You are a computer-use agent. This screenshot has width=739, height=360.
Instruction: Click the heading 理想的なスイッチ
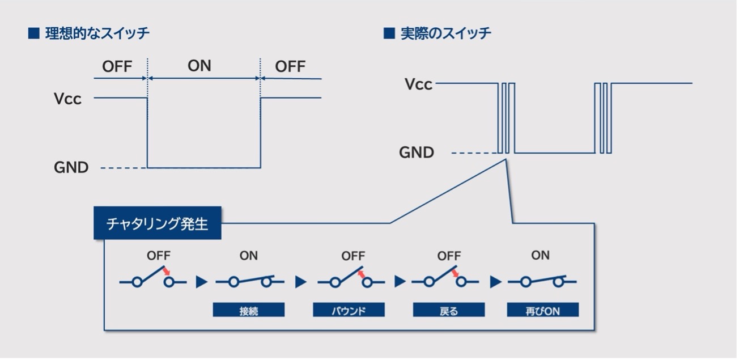tap(97, 33)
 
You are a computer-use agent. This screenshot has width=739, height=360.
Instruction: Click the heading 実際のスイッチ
tap(445, 33)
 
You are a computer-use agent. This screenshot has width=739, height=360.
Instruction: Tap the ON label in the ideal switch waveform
tap(199, 66)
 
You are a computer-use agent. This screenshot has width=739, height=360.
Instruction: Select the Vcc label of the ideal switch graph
tap(67, 99)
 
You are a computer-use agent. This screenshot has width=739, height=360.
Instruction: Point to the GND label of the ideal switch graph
tap(71, 167)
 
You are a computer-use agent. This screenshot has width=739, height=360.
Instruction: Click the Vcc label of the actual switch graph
tap(418, 84)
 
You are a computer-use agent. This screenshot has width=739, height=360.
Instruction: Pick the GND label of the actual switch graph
tap(417, 153)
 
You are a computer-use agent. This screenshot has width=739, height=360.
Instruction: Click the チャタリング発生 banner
tap(158, 223)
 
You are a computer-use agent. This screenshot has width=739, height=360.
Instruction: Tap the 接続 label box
tap(249, 310)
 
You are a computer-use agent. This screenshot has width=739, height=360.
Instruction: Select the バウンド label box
tap(349, 310)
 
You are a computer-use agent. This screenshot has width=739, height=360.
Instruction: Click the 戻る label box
tap(449, 310)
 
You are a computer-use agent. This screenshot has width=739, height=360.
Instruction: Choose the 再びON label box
tap(543, 310)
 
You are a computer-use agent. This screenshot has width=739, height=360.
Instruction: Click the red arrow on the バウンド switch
tap(362, 274)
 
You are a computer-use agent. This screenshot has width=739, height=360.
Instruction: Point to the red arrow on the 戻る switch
tap(455, 273)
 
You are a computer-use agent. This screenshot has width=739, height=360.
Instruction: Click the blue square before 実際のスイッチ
tap(389, 33)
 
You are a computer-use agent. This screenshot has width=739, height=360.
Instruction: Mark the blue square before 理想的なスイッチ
tap(34, 33)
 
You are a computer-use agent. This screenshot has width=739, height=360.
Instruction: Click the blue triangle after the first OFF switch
tap(202, 282)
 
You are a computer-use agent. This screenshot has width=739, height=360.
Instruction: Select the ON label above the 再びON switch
tap(541, 255)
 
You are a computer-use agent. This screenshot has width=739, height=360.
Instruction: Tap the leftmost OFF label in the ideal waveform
tap(117, 66)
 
